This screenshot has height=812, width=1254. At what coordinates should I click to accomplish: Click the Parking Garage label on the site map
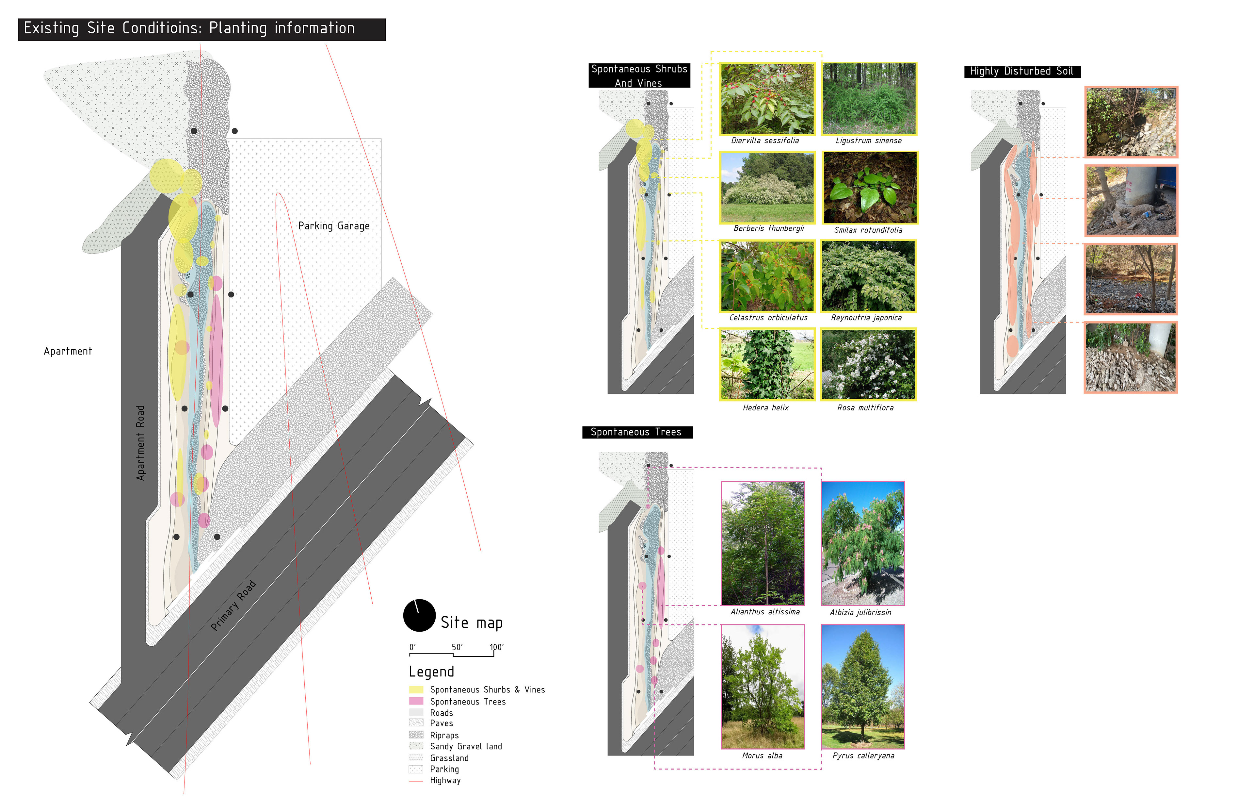pyautogui.click(x=333, y=226)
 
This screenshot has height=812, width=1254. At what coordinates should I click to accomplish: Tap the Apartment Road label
pyautogui.click(x=140, y=443)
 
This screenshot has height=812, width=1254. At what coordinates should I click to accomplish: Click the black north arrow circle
pyautogui.click(x=419, y=615)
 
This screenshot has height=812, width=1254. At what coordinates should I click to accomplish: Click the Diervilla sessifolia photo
pyautogui.click(x=767, y=99)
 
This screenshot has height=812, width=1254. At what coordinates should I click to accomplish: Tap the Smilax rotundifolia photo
pyautogui.click(x=870, y=188)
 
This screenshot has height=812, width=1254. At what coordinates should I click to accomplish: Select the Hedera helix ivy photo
pyautogui.click(x=767, y=364)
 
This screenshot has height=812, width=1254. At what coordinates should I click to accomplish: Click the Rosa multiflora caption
pyautogui.click(x=865, y=407)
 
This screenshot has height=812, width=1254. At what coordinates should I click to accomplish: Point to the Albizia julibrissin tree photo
pyautogui.click(x=862, y=543)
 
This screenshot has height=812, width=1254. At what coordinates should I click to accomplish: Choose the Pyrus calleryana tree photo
pyautogui.click(x=862, y=687)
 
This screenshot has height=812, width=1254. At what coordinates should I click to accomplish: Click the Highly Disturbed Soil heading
pyautogui.click(x=1021, y=71)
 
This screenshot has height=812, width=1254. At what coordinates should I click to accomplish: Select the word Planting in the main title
pyautogui.click(x=238, y=28)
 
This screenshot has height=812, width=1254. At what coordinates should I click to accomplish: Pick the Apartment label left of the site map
pyautogui.click(x=68, y=351)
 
